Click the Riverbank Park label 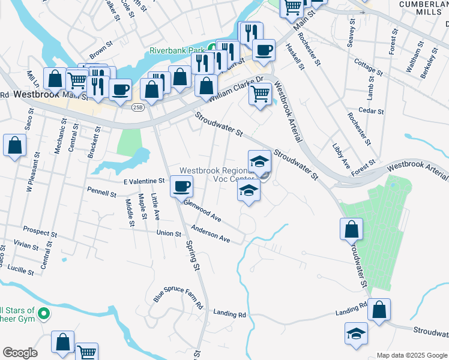[178, 50]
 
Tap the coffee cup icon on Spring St [181, 186]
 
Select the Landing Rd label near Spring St [229, 314]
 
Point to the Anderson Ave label [211, 234]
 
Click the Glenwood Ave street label [202, 211]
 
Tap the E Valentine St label [144, 181]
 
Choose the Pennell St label [101, 194]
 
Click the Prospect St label [40, 230]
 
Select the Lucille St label [21, 271]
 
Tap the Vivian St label [26, 245]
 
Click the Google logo [20, 353]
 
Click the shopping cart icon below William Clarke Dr [260, 94]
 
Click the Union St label [169, 233]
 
